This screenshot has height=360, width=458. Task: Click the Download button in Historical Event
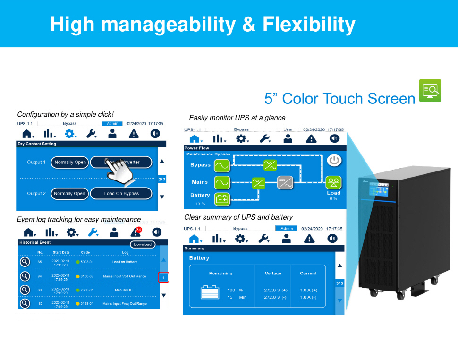point(143,244)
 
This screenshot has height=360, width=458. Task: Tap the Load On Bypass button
point(121,194)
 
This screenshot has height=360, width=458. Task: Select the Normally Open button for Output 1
point(70,162)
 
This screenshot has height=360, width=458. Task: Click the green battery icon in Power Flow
point(222,199)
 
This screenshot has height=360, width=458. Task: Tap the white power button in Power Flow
point(334,160)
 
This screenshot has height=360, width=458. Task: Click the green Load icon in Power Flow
point(333,182)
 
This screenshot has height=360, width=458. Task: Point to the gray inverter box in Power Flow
point(285,182)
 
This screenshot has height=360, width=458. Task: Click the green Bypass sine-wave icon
point(222,165)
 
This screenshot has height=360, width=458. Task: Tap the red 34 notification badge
point(138,230)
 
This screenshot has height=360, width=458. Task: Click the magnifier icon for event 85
point(25,262)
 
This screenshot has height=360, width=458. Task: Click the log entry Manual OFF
point(125,290)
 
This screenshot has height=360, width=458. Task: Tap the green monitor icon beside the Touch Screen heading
point(430,90)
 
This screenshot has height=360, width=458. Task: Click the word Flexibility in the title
point(309,24)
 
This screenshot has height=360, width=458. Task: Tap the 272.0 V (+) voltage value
point(276,290)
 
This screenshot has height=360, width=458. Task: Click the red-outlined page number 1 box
point(163,278)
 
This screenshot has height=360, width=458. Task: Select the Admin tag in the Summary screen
point(287,229)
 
